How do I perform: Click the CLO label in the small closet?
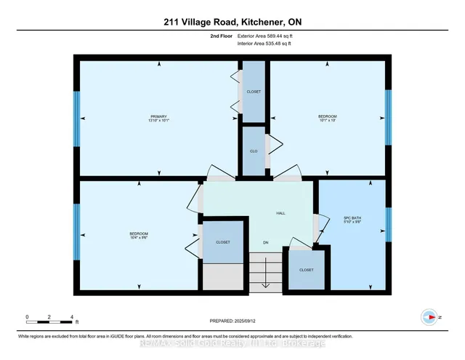point(254,151)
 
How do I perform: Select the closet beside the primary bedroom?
point(254,92)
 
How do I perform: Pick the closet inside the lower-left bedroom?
point(223,242)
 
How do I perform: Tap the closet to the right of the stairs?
point(306,269)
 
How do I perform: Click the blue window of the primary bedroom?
point(77,119)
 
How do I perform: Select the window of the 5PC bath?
point(388,224)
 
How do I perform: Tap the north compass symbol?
point(429,317)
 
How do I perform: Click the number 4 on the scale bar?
point(72,317)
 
